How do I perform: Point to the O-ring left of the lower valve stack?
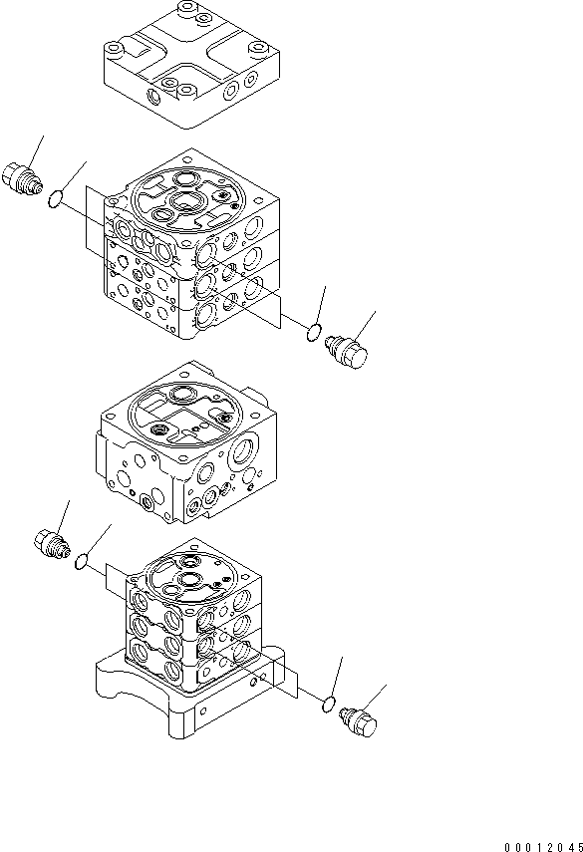click(x=85, y=564)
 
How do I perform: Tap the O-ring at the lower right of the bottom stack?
click(x=328, y=707)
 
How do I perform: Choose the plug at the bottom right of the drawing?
click(x=359, y=724)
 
